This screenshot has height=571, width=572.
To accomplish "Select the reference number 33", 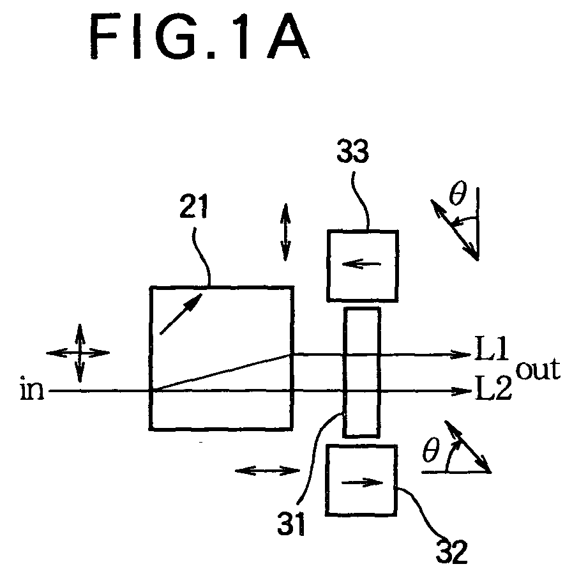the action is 352,151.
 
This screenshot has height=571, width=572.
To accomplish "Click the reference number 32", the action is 451,551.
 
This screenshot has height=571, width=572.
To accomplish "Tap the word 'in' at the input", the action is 32,389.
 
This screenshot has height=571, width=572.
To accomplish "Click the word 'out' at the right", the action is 538,369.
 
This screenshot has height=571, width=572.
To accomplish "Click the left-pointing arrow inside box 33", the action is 361,264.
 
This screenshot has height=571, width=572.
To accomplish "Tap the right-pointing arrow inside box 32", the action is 362,483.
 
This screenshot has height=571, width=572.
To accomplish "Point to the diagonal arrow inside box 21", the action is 181,314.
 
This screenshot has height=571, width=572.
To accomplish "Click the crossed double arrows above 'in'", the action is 79,353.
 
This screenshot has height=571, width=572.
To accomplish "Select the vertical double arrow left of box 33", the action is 285,232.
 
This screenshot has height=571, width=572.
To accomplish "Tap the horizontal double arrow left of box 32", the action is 267,471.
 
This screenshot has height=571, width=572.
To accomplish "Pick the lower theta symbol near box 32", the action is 431,450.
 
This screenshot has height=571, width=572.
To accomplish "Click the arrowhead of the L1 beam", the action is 462,354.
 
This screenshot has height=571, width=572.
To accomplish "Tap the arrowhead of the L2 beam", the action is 462,392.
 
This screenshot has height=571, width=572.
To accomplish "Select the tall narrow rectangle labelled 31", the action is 361,372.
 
